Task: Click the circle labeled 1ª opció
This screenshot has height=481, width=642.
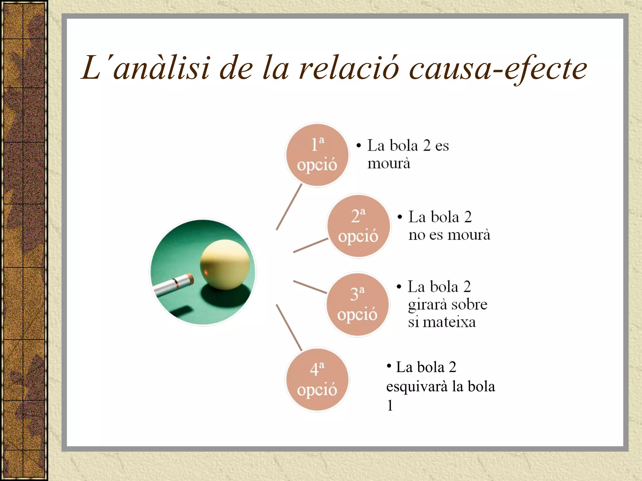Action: click(317, 155)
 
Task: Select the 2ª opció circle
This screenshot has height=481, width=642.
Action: click(358, 226)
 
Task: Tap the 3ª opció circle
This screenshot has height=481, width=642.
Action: click(358, 304)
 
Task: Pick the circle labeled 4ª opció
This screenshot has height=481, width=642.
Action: click(317, 380)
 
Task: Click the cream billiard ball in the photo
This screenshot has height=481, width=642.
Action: click(225, 265)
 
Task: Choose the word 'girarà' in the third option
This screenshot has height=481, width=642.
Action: click(428, 305)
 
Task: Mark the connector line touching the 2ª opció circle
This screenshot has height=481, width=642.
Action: click(310, 245)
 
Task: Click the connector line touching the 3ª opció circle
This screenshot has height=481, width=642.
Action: click(310, 287)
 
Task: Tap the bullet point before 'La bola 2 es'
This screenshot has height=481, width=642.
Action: click(359, 146)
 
